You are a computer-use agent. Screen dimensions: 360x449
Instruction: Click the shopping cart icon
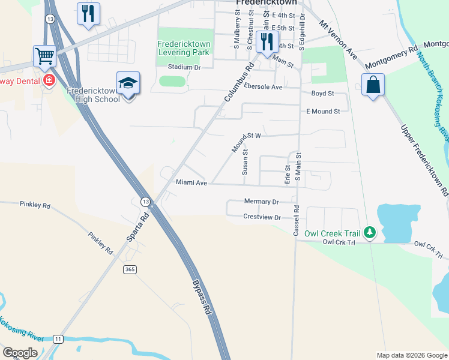click(x=44, y=57)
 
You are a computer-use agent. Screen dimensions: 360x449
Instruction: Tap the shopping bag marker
click(x=373, y=85)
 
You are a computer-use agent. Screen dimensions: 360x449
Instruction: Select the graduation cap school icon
click(x=128, y=83)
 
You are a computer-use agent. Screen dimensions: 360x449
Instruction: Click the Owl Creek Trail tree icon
click(x=370, y=232)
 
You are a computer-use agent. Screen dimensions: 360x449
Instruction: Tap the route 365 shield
click(x=130, y=270)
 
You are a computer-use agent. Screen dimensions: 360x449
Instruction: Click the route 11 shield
click(x=58, y=339)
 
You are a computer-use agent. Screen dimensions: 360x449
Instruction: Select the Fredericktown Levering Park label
click(x=185, y=49)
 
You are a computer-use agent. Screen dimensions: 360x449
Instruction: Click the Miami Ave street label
click(x=191, y=182)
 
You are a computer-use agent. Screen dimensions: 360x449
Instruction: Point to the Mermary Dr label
click(x=262, y=202)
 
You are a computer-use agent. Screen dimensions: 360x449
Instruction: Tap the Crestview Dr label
click(x=262, y=217)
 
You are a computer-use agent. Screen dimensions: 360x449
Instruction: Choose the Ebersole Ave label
click(x=263, y=87)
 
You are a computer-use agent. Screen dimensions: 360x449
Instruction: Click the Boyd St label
click(x=322, y=94)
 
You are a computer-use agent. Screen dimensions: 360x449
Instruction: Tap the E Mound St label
click(x=323, y=111)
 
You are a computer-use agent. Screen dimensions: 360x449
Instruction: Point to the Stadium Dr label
click(x=184, y=67)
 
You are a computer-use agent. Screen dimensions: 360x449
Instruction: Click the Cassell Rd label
click(x=296, y=221)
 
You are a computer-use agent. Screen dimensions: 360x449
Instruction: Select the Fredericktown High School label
click(x=94, y=95)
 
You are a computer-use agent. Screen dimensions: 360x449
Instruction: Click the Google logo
click(x=20, y=353)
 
